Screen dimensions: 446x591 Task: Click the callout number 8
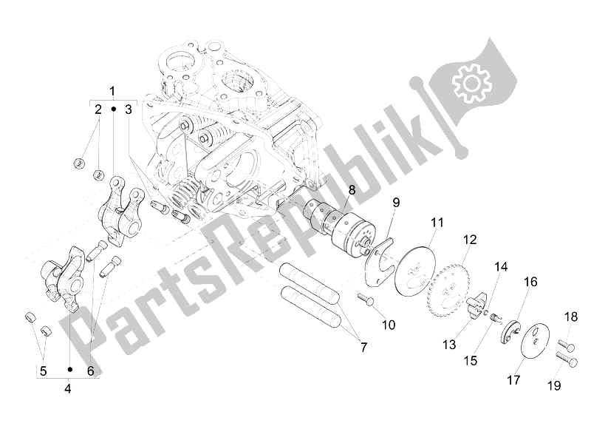pos(352,189)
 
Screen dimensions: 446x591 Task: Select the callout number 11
pos(437,221)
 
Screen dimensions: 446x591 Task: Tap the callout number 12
pos(470,239)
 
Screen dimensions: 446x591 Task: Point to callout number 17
pos(513,380)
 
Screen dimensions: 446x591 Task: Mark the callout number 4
pos(68,387)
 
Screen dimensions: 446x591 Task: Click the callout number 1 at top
pos(113,91)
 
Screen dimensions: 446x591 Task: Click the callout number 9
pos(396,202)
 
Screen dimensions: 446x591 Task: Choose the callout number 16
pos(530,283)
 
